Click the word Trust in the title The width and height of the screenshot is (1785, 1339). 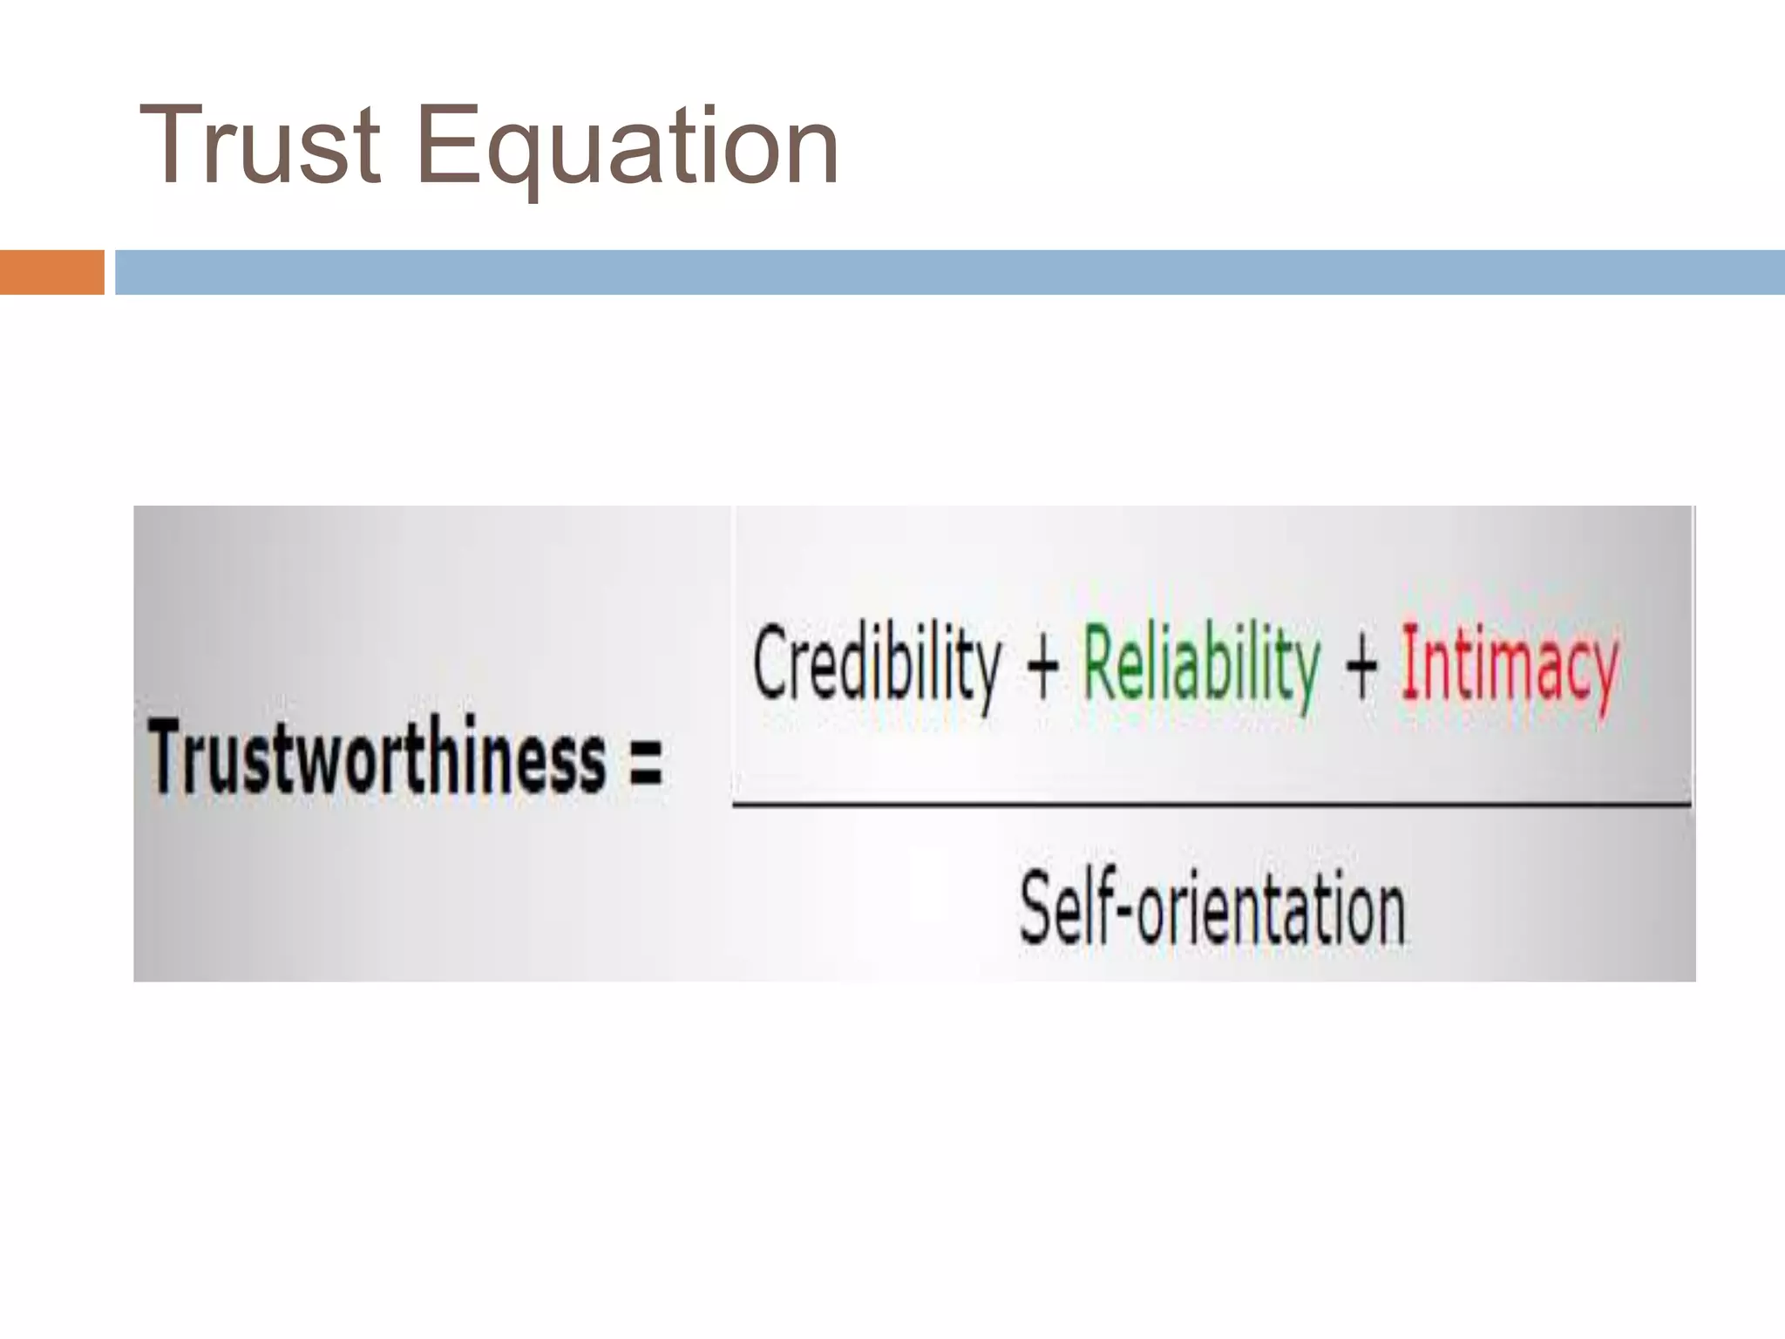point(260,146)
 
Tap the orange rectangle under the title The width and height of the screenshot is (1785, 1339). point(51,272)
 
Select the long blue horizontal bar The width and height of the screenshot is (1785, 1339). point(950,272)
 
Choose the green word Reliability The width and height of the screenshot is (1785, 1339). point(1201,664)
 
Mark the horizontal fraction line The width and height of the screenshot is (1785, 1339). point(1211,804)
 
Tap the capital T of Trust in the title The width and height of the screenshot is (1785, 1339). point(173,145)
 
